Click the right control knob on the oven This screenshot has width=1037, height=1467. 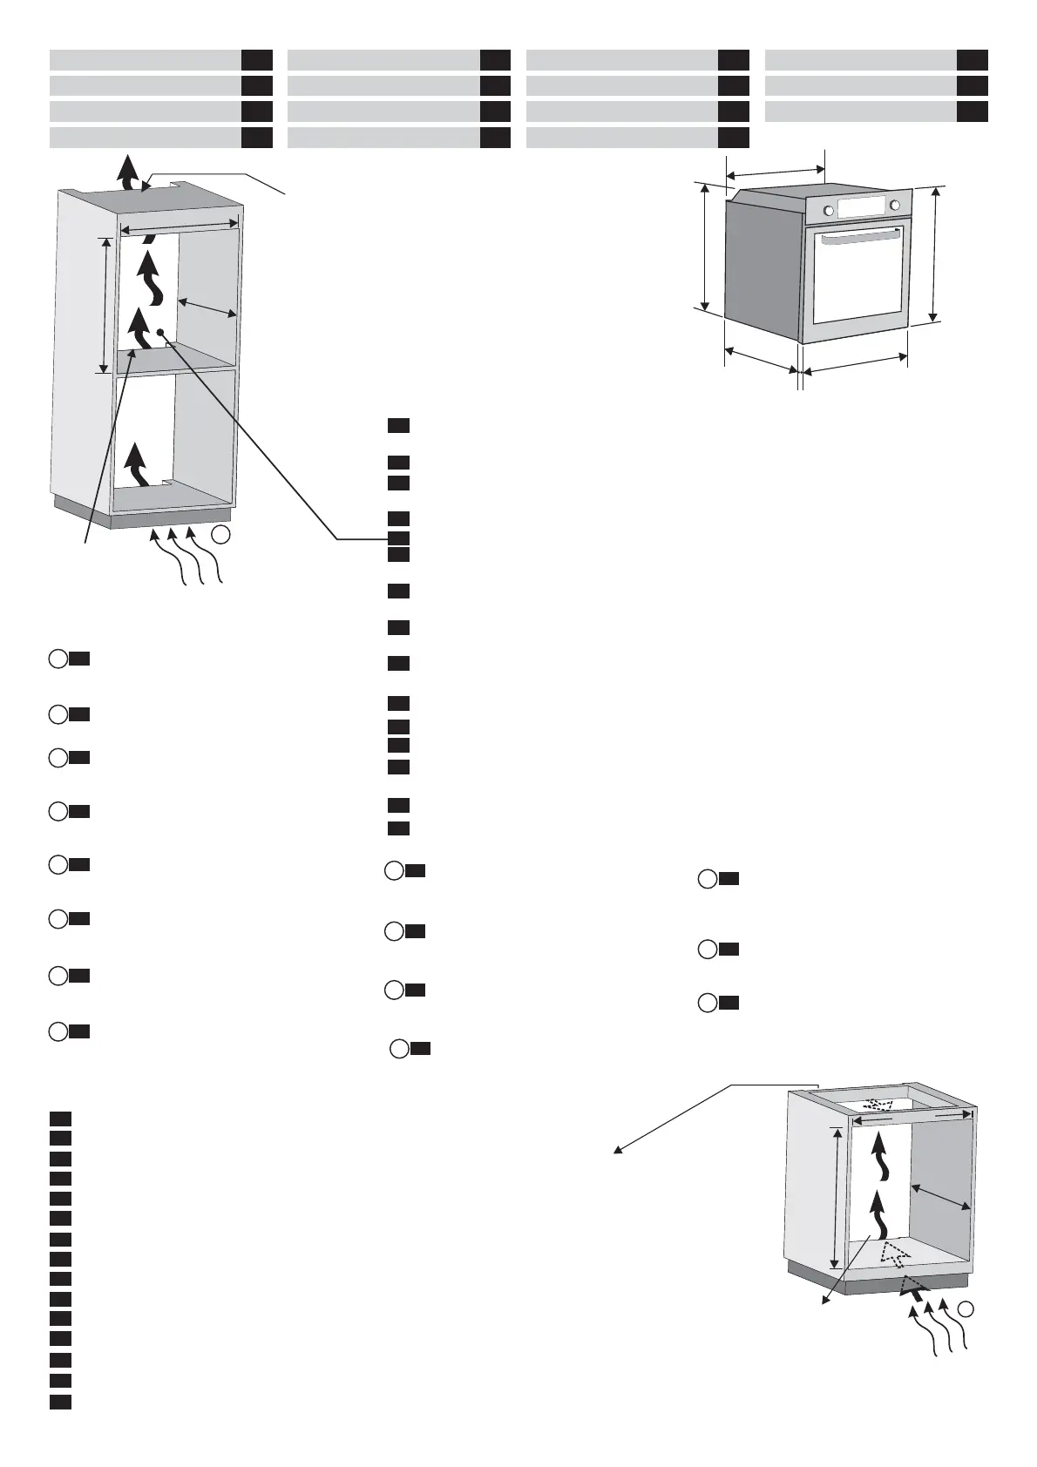point(895,206)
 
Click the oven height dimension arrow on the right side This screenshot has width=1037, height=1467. point(934,254)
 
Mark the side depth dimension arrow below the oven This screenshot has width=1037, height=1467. point(760,361)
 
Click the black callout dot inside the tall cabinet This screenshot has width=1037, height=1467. point(161,332)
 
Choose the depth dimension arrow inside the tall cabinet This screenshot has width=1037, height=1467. point(207,308)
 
